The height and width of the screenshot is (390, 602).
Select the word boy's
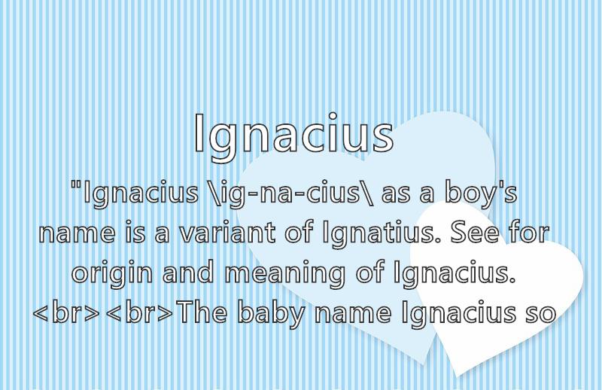481,193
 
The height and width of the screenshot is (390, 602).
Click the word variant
227,233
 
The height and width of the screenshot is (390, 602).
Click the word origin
112,273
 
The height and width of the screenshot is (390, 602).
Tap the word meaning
284,273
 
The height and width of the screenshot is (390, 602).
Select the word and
188,272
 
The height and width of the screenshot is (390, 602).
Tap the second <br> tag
139,312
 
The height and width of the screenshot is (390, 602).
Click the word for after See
529,232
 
